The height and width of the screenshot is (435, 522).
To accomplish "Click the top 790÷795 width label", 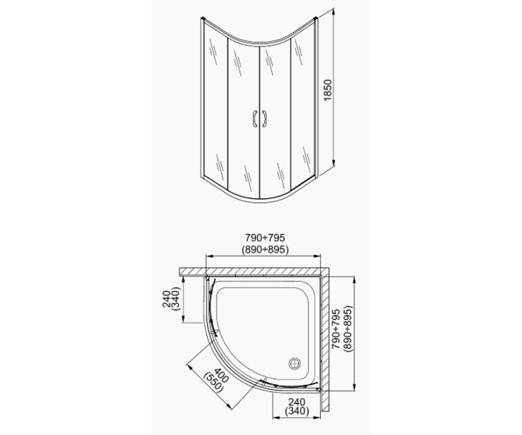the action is (x=265, y=238).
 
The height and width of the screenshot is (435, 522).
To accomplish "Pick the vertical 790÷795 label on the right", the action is (x=335, y=329).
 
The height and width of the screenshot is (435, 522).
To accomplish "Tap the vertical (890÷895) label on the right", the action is (x=347, y=329).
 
